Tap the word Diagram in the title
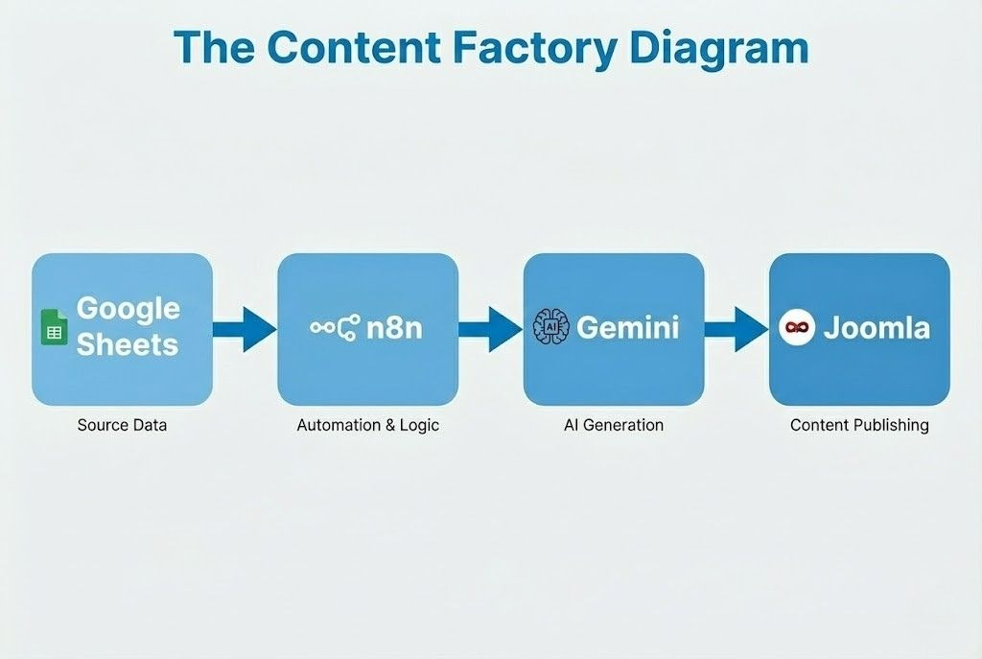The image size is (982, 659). (x=721, y=47)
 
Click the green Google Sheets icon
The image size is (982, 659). (x=54, y=328)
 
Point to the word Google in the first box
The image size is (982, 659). (x=128, y=309)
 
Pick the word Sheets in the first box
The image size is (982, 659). (x=128, y=344)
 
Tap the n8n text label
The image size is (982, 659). (x=394, y=328)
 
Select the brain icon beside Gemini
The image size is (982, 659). (x=550, y=327)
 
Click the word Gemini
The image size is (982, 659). (x=628, y=328)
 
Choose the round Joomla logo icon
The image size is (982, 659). (x=796, y=328)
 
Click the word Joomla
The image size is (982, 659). (x=877, y=328)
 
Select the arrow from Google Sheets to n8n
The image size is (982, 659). (x=244, y=329)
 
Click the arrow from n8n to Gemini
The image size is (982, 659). (x=489, y=329)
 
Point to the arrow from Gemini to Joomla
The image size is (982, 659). (x=736, y=329)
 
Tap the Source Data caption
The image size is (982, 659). (x=122, y=424)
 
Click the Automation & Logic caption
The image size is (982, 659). (x=368, y=424)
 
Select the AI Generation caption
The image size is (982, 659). (x=614, y=424)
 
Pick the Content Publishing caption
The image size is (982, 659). (x=859, y=424)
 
